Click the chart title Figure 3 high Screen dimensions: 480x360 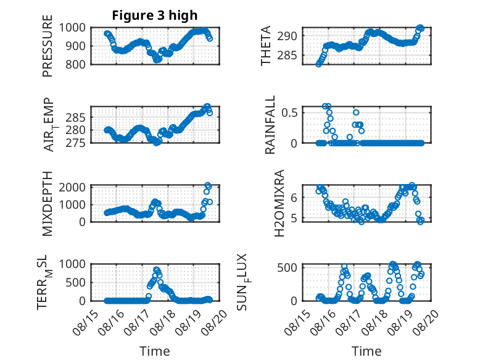click(x=155, y=15)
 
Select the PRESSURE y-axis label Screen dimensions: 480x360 click(x=48, y=46)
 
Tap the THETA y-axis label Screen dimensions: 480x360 click(x=266, y=46)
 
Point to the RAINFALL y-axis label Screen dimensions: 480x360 click(x=270, y=125)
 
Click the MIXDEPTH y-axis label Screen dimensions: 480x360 click(x=48, y=204)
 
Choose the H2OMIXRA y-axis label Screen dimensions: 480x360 click(x=279, y=203)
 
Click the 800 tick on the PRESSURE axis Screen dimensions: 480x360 click(x=75, y=65)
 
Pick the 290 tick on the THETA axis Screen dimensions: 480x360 click(x=287, y=36)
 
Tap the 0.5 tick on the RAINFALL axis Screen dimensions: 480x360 click(x=289, y=112)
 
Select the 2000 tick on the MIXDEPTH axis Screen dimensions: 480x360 click(x=72, y=187)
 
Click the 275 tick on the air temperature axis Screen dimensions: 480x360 click(x=75, y=143)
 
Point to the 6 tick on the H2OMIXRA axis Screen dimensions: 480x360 click(x=294, y=198)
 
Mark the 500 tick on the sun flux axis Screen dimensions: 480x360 click(x=287, y=267)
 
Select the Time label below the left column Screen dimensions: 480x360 click(x=155, y=351)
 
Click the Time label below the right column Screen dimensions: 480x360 click(x=366, y=351)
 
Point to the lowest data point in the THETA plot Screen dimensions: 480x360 click(x=319, y=64)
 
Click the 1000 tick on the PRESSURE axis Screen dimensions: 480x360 click(x=72, y=28)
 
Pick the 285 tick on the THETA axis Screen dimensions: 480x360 click(x=287, y=56)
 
